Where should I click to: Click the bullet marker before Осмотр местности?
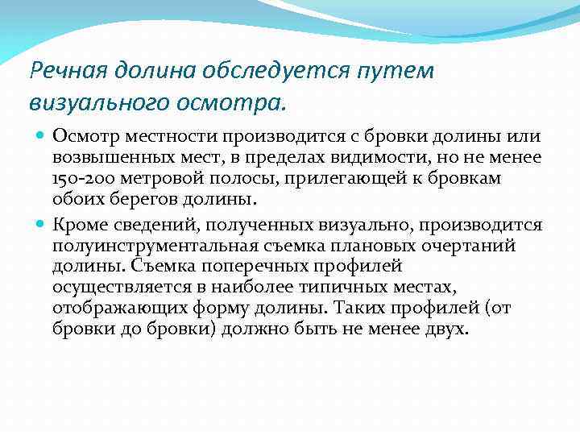(x=40, y=139)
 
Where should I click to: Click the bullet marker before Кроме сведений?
(x=40, y=225)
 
